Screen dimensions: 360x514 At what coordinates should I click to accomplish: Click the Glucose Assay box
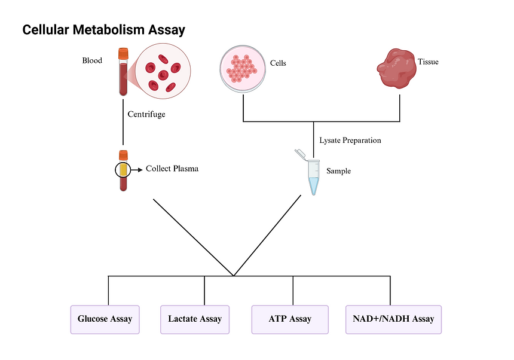click(x=105, y=319)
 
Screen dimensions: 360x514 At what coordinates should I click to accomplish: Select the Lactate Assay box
click(x=195, y=319)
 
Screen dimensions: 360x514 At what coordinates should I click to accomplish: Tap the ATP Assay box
click(x=290, y=319)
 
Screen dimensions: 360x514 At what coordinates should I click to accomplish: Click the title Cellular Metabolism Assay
click(x=103, y=29)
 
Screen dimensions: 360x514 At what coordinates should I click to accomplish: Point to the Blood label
click(x=92, y=60)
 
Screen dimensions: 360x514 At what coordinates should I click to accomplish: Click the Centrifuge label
click(x=146, y=114)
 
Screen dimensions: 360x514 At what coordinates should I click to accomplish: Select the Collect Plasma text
click(x=172, y=169)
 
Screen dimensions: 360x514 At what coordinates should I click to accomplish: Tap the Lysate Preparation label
click(x=350, y=141)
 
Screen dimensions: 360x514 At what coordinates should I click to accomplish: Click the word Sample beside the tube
click(x=338, y=171)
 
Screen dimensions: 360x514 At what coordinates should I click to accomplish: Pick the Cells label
click(x=278, y=63)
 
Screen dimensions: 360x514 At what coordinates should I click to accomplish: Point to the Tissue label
click(x=428, y=62)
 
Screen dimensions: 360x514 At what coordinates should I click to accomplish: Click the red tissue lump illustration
click(x=396, y=67)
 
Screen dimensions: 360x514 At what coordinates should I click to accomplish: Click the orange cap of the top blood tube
click(x=123, y=54)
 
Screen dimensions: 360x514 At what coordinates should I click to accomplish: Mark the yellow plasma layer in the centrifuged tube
click(x=123, y=170)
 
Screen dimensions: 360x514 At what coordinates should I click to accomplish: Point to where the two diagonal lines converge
click(x=234, y=276)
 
